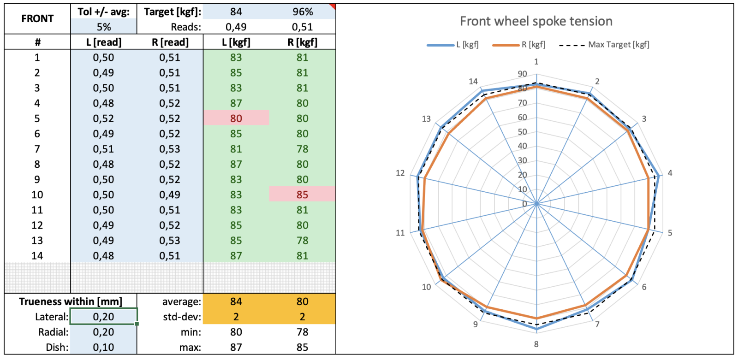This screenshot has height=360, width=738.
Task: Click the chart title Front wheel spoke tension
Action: [536, 21]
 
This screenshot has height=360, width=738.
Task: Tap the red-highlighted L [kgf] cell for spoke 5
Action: [236, 118]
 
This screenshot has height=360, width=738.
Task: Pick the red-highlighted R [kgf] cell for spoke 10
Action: [302, 195]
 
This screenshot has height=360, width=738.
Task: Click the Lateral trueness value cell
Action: [103, 317]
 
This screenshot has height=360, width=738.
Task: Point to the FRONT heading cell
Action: [37, 19]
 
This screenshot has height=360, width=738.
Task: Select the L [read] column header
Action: [103, 42]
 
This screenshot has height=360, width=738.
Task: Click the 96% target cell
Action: [302, 12]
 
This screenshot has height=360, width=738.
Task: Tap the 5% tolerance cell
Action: [103, 27]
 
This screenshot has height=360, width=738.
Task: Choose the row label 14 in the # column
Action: [37, 256]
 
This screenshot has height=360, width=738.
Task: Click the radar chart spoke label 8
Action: [536, 344]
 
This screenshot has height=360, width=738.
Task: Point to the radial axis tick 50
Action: [522, 132]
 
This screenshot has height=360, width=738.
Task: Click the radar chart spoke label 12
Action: [400, 173]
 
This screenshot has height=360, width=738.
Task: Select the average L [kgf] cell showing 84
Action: [236, 301]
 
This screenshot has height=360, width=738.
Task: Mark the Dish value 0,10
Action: [103, 347]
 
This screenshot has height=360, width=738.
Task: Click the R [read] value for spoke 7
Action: [170, 149]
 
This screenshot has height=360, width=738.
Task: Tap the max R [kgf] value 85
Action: [302, 347]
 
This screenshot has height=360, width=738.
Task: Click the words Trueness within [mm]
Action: [71, 301]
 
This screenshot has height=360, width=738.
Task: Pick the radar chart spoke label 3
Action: [644, 119]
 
